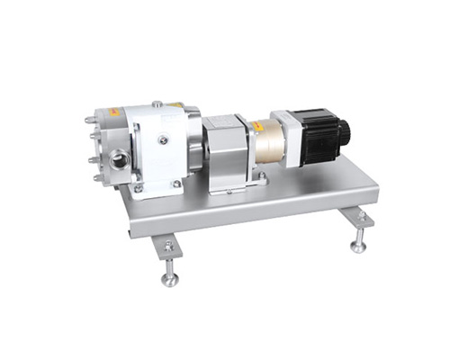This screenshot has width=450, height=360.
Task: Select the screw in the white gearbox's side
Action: (162, 139)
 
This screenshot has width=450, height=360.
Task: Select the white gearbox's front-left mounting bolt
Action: (138, 188)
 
